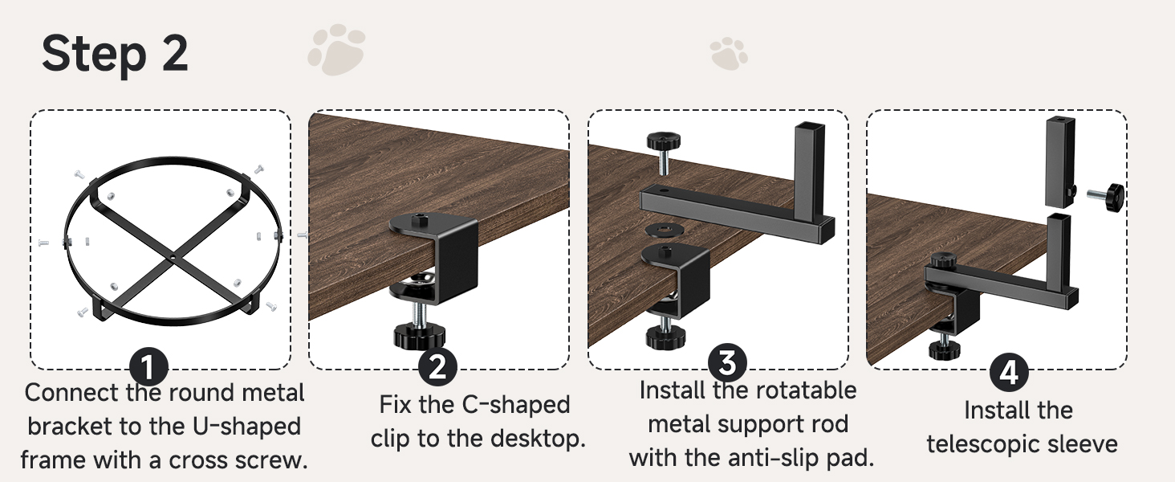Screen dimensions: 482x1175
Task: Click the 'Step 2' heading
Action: pos(115,54)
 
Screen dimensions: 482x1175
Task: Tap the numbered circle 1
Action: pos(148,369)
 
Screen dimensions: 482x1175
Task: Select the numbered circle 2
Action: pos(437,367)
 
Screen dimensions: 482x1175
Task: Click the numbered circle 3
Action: pos(727,362)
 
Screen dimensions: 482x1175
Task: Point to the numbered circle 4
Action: pos(1009,373)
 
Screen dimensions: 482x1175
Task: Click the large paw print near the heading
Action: pos(336,50)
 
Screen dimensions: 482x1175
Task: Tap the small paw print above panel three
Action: pos(729,53)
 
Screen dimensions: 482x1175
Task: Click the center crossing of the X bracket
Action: pos(173,258)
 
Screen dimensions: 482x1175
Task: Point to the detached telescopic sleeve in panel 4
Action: pos(1059,161)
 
